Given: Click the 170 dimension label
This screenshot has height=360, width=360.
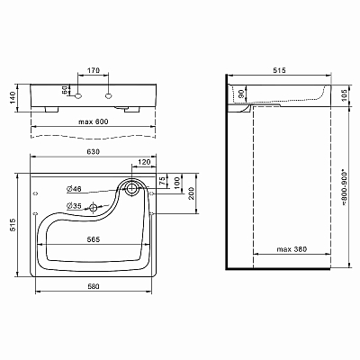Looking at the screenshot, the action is [93, 71].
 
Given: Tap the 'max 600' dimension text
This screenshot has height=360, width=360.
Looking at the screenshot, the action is [94, 121].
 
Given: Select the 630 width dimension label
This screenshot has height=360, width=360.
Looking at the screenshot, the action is [94, 152].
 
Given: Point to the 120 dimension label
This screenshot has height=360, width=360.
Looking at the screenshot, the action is [144, 162].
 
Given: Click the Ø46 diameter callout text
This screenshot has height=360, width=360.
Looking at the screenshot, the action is [74, 189].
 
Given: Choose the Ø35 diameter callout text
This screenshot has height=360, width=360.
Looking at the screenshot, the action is [74, 206].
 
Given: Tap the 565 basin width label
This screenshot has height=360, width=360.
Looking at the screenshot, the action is [94, 239].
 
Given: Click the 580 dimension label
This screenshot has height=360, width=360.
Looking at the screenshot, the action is [94, 286].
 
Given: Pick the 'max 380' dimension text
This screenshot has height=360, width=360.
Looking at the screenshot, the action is [292, 249].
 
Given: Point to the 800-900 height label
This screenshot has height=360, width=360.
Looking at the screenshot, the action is [344, 188].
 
